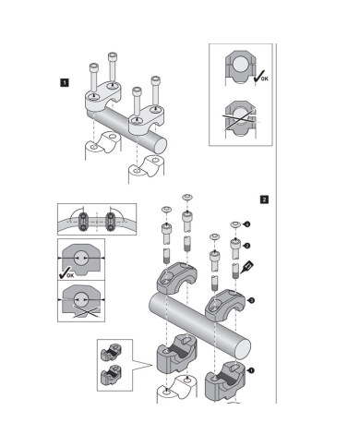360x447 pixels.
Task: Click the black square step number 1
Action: (65, 82)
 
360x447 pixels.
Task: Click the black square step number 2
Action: (264, 199)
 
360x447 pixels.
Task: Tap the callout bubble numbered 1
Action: (251, 370)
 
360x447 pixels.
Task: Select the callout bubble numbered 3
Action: (251, 300)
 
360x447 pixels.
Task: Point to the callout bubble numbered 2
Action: (246, 246)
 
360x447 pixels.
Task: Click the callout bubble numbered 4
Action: (246, 224)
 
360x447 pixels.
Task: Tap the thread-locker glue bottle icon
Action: (247, 267)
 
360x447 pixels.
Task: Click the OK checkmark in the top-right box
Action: (260, 77)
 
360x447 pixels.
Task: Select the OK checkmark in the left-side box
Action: (66, 273)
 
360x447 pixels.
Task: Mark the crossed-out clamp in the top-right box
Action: (241, 118)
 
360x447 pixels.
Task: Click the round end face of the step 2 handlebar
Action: (243, 349)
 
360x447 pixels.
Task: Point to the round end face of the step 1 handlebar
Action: (160, 146)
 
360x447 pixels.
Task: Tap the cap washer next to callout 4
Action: (236, 224)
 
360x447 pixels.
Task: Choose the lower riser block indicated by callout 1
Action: (225, 381)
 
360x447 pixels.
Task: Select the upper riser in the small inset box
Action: (112, 353)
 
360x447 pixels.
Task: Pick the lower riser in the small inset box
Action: (112, 375)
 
